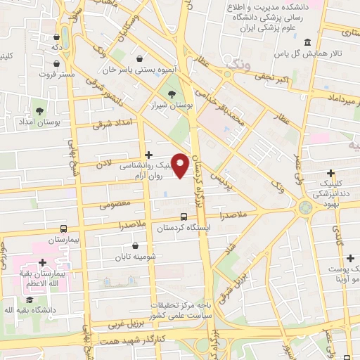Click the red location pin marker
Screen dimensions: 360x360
[181, 165]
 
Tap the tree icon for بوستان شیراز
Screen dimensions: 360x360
[170, 94]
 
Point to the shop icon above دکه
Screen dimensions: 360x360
[56, 37]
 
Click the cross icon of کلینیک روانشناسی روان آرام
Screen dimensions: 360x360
[148, 155]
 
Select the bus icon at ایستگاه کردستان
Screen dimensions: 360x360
[184, 217]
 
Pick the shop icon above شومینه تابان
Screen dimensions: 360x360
[136, 246]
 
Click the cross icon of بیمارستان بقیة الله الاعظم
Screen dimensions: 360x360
[42, 262]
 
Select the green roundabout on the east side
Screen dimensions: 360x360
[305, 207]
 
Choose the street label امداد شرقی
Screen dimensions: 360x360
[112, 123]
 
